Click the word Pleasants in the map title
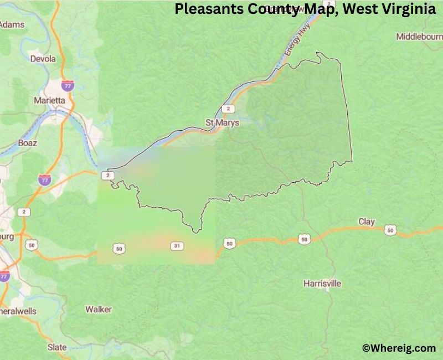pyautogui.click(x=204, y=9)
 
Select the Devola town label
pyautogui.click(x=43, y=59)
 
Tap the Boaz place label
pyautogui.click(x=27, y=143)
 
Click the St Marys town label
pyautogui.click(x=223, y=122)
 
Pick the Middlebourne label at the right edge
pyautogui.click(x=419, y=37)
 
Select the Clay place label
pyautogui.click(x=367, y=222)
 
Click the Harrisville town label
pyautogui.click(x=322, y=284)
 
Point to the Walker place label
pyautogui.click(x=98, y=309)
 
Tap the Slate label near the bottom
pyautogui.click(x=57, y=347)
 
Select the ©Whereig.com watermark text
pyautogui.click(x=399, y=348)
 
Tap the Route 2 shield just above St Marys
pyautogui.click(x=226, y=109)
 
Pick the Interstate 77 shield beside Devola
pyautogui.click(x=68, y=85)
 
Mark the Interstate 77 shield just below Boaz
pyautogui.click(x=45, y=178)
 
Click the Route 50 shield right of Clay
pyautogui.click(x=392, y=229)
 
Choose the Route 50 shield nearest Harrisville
pyautogui.click(x=304, y=239)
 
